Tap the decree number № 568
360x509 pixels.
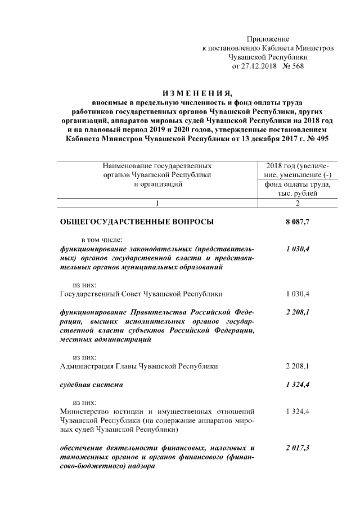click(292, 66)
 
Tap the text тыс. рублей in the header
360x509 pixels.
click(298, 193)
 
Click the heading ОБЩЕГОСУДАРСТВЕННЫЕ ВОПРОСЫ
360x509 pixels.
click(137, 222)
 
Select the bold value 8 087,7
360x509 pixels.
click(298, 222)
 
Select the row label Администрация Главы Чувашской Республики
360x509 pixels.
click(138, 366)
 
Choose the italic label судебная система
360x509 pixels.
click(91, 385)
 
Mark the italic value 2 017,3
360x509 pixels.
click(298, 448)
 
